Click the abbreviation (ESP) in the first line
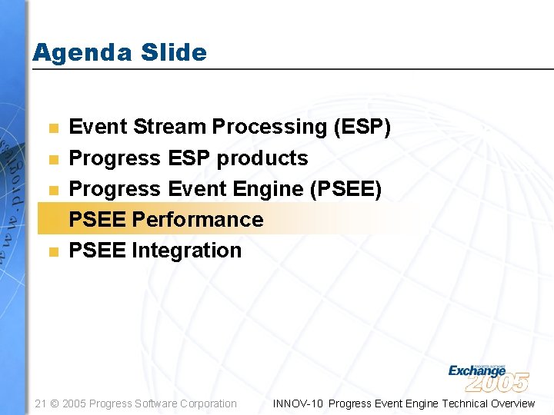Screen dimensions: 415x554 pyautogui.click(x=362, y=127)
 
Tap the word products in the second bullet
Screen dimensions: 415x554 pyautogui.click(x=262, y=158)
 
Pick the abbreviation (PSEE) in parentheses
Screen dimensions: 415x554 pyautogui.click(x=345, y=188)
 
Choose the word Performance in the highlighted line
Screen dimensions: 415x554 pyautogui.click(x=198, y=219)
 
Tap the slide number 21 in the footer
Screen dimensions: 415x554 pyautogui.click(x=42, y=403)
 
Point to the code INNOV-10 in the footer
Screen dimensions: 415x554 pyautogui.click(x=298, y=403)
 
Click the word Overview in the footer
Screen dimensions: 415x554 pyautogui.click(x=512, y=403)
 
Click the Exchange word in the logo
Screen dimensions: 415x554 pyautogui.click(x=476, y=371)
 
